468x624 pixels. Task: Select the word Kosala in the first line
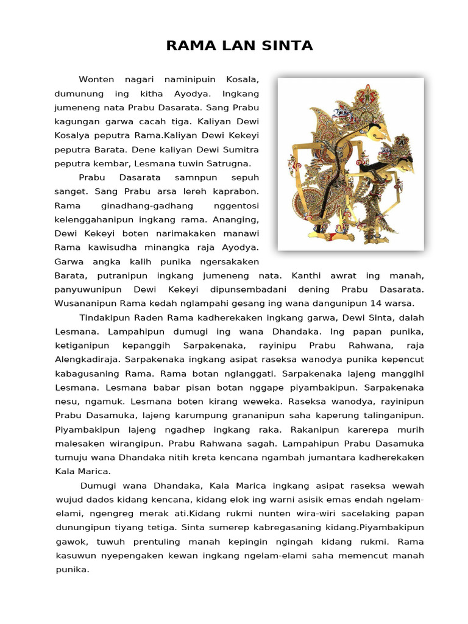(243, 80)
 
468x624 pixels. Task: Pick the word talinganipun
(391, 416)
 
